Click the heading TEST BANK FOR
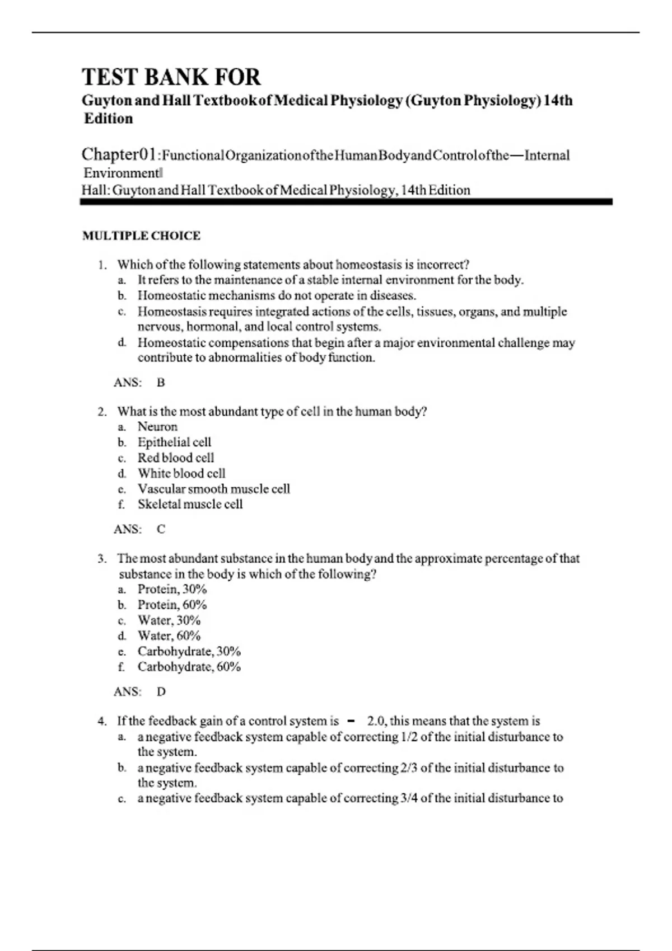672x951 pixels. click(x=171, y=77)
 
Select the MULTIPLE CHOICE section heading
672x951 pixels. click(x=141, y=236)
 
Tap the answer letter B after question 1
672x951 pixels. click(x=161, y=383)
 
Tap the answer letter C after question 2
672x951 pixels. click(x=161, y=529)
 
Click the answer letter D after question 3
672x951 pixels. click(x=161, y=692)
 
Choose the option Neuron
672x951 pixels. click(x=157, y=427)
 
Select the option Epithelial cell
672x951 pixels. click(x=174, y=442)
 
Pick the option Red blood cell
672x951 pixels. click(x=176, y=458)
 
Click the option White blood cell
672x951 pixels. click(x=181, y=473)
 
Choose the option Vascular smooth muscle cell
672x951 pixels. click(x=214, y=489)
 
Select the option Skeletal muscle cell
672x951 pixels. click(x=190, y=504)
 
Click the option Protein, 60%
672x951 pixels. click(x=172, y=605)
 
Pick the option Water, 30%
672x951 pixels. click(x=169, y=620)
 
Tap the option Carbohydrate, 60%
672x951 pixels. click(x=189, y=667)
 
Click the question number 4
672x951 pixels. click(x=101, y=722)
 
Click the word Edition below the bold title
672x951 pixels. click(x=109, y=119)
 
